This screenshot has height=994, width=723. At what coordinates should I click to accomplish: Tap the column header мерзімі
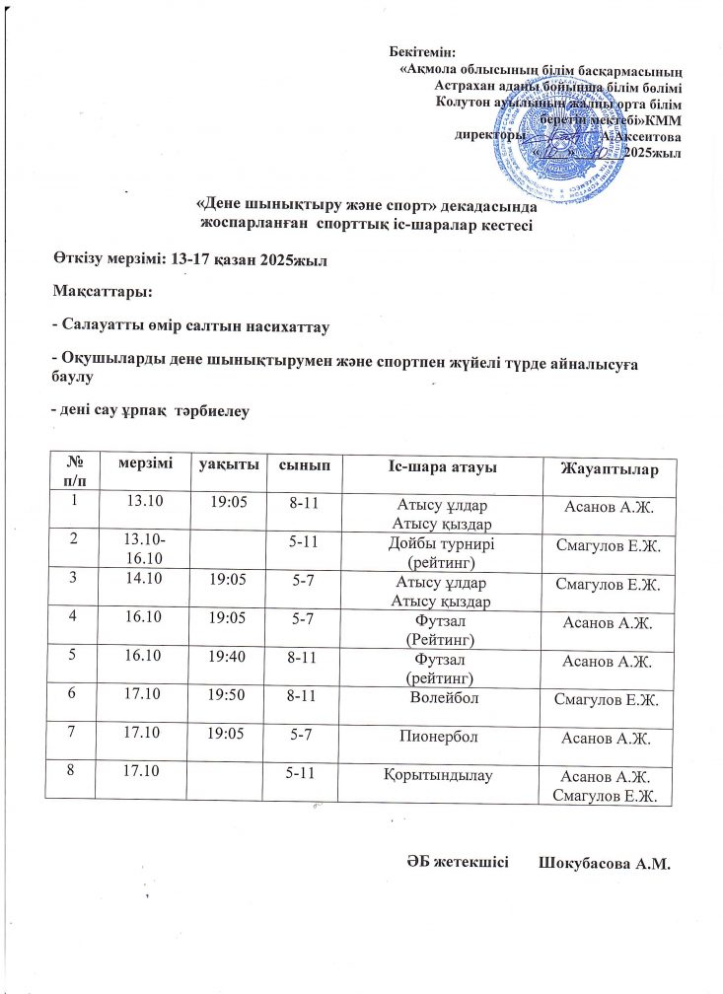point(144,463)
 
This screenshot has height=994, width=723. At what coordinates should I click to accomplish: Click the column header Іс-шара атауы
point(435,465)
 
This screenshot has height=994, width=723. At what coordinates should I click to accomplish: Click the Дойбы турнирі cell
point(435,552)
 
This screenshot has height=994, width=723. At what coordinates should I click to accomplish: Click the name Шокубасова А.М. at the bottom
point(604,865)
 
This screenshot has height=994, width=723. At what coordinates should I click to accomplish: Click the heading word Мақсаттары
point(103,292)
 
